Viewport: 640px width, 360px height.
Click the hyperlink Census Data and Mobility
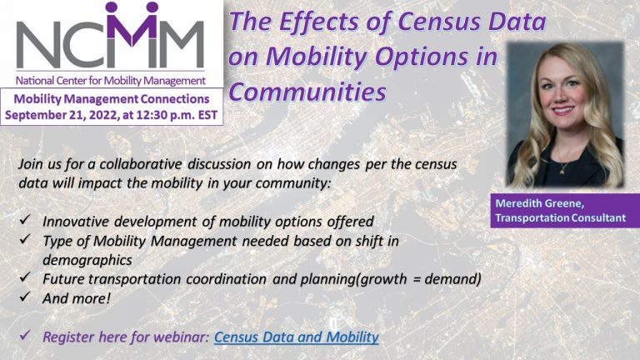click(x=297, y=337)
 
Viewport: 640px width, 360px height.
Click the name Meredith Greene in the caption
click(x=540, y=203)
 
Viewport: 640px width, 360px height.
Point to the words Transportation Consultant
click(x=560, y=218)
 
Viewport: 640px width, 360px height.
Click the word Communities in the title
click(x=307, y=92)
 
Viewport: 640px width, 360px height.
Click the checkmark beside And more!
click(x=25, y=297)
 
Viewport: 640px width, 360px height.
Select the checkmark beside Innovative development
click(x=25, y=220)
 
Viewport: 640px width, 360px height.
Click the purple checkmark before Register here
click(x=25, y=336)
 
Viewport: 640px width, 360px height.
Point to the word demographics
click(x=87, y=260)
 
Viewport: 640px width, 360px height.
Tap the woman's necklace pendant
click(x=562, y=172)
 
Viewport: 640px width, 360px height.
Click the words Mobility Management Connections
click(x=112, y=99)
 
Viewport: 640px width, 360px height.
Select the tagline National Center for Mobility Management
click(x=111, y=80)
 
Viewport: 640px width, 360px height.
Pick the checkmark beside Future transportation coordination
click(x=25, y=277)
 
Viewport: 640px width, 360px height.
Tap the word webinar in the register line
click(x=183, y=337)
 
